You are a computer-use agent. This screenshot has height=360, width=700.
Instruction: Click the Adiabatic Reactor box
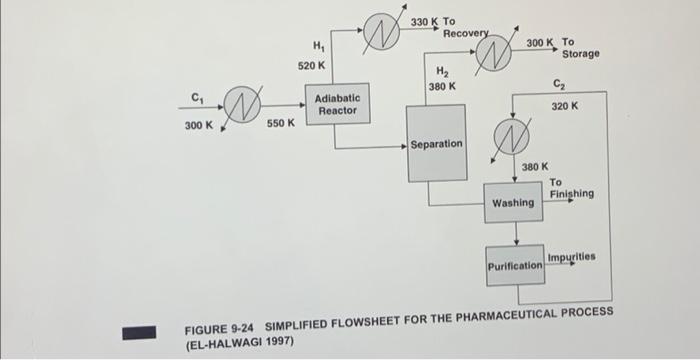click(338, 105)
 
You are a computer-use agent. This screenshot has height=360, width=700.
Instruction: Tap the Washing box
click(513, 203)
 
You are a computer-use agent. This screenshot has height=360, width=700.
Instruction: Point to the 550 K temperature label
click(280, 124)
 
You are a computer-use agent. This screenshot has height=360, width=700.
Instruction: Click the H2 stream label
click(441, 71)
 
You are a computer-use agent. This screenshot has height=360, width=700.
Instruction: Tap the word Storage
click(580, 54)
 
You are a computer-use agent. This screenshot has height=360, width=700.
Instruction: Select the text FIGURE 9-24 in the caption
click(215, 327)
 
